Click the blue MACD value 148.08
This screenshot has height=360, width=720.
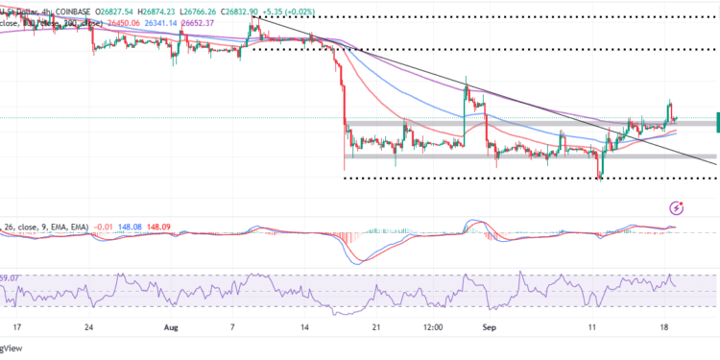(137, 227)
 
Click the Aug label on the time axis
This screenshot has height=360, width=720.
(171, 326)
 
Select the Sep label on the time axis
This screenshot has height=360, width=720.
(489, 326)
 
